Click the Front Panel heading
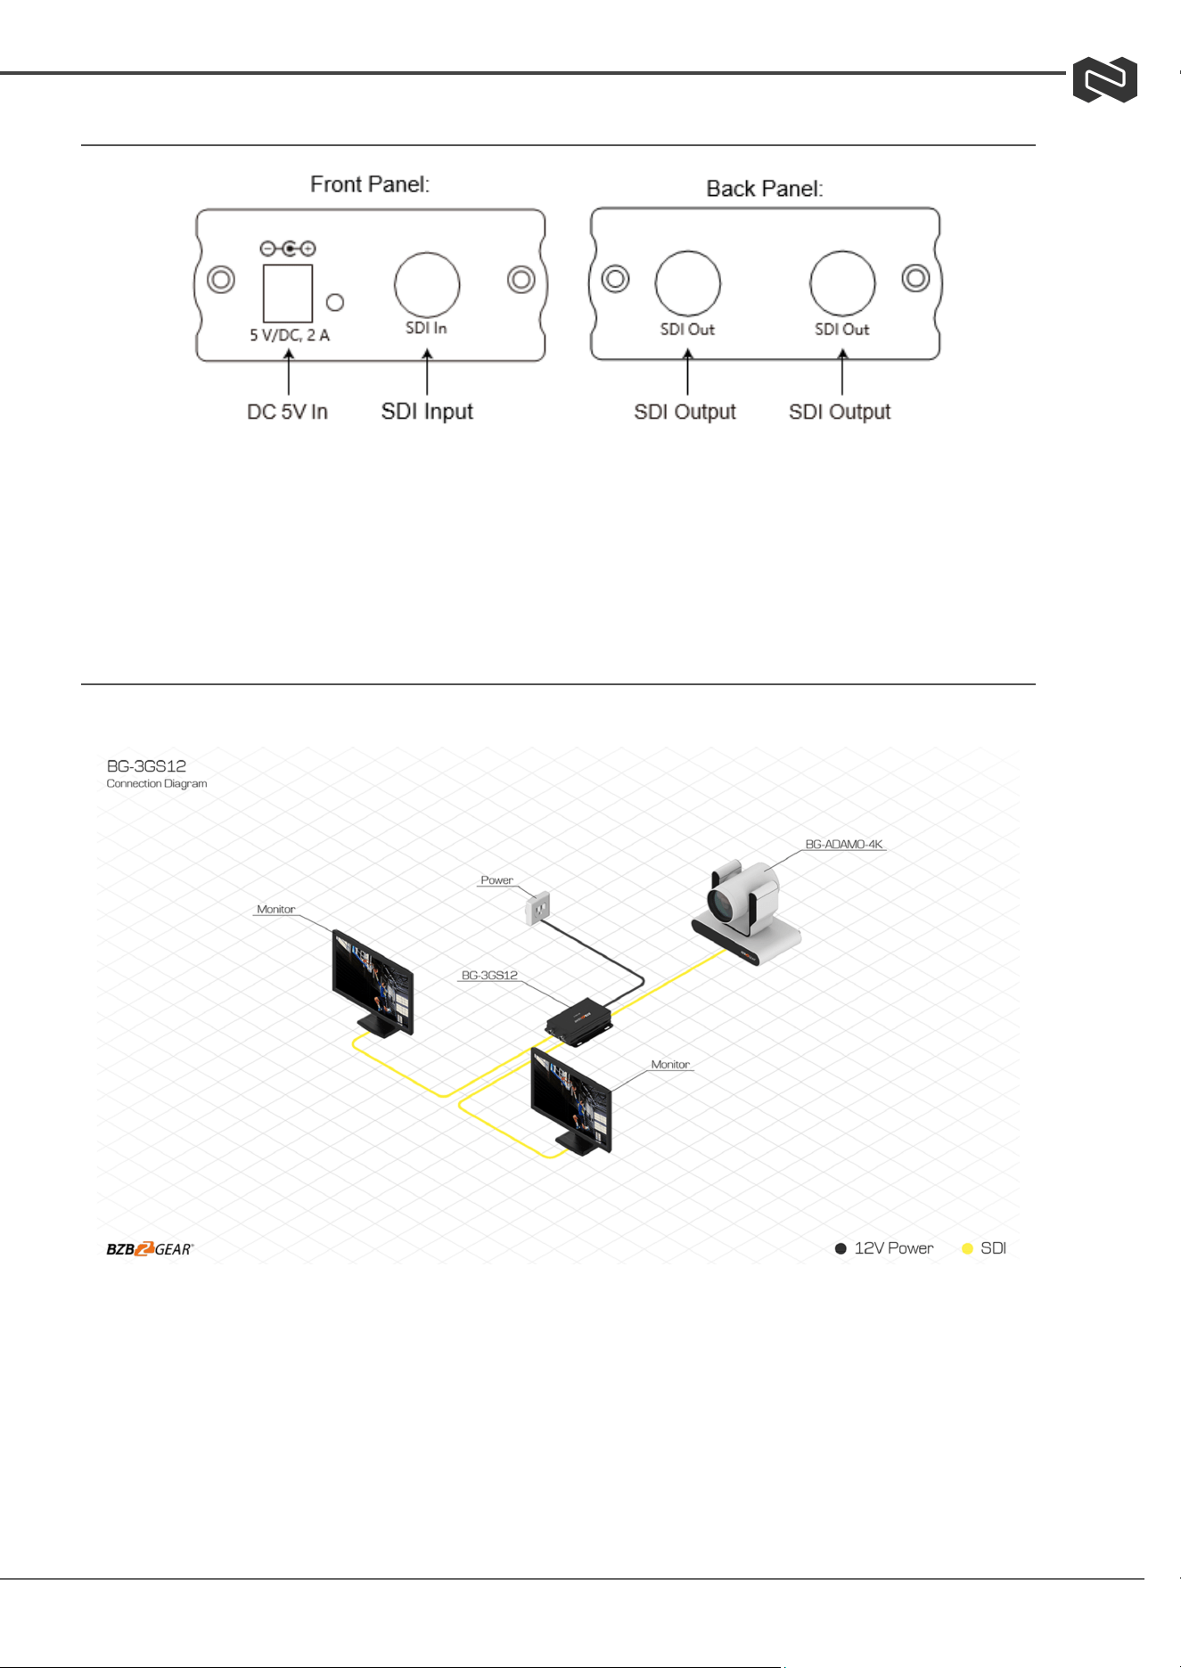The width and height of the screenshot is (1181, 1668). pyautogui.click(x=370, y=184)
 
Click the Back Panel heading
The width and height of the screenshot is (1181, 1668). pyautogui.click(x=765, y=189)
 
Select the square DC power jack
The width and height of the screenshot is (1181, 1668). pyautogui.click(x=288, y=293)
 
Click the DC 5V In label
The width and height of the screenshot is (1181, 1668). pyautogui.click(x=287, y=412)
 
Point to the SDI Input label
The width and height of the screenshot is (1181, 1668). pyautogui.click(x=427, y=412)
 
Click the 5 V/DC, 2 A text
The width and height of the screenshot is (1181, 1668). pyautogui.click(x=290, y=335)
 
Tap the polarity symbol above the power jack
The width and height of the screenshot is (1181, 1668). pyautogui.click(x=288, y=249)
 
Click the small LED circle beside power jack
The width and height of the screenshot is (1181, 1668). pyautogui.click(x=335, y=303)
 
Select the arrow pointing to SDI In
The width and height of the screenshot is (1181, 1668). pyautogui.click(x=427, y=372)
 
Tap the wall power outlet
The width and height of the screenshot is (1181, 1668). pyautogui.click(x=537, y=909)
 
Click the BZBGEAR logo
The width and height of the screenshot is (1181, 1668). pyautogui.click(x=150, y=1249)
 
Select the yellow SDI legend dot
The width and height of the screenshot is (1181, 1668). pyautogui.click(x=967, y=1248)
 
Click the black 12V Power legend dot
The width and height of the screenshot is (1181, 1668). pyautogui.click(x=841, y=1248)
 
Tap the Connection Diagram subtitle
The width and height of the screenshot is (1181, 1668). pyautogui.click(x=157, y=784)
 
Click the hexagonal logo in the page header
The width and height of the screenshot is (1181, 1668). pyautogui.click(x=1105, y=80)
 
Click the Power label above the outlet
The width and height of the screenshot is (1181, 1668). pyautogui.click(x=497, y=880)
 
